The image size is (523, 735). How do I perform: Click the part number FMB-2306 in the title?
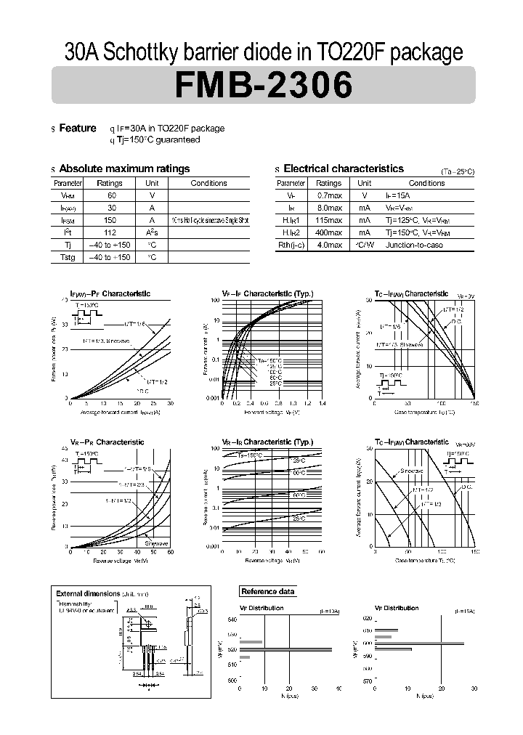coord(263,86)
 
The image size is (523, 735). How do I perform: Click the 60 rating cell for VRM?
coord(112,195)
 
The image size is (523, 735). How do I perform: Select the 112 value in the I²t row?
coord(110,232)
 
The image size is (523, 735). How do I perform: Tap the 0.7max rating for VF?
coord(329,195)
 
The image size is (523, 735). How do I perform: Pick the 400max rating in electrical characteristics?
coord(329,232)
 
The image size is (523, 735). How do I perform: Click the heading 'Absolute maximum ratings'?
coord(124,168)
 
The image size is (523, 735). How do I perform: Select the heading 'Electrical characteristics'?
coord(343,168)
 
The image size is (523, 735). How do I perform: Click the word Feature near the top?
coord(78,128)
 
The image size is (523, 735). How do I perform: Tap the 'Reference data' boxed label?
coord(268,591)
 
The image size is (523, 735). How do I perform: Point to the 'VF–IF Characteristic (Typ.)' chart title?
coord(267,294)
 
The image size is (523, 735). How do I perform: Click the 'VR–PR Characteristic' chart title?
coord(107,442)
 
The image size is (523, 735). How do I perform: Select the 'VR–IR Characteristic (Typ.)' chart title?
coord(267,442)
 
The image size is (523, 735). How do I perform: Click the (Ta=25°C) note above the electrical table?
coord(458,172)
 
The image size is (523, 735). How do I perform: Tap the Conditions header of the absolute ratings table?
coord(208,183)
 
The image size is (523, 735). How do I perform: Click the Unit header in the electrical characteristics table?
coord(365,183)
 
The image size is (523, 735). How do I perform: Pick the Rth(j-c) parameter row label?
coord(291,245)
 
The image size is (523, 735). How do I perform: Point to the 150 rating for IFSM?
coord(110,220)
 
